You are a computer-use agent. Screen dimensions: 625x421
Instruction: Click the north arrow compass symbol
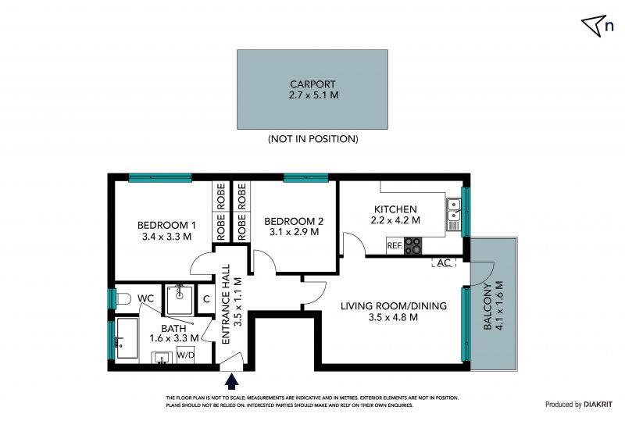594,25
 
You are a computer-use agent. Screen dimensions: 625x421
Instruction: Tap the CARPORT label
312,84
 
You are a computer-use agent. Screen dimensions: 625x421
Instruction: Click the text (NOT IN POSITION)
313,139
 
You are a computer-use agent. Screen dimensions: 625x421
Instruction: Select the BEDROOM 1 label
166,225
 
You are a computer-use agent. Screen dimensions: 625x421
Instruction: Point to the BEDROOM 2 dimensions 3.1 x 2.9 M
295,232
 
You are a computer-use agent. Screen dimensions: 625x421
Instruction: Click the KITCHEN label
395,209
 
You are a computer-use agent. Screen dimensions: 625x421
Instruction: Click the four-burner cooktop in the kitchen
413,245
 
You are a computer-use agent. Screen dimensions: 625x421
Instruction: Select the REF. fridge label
395,246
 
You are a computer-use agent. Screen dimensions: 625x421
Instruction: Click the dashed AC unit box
444,262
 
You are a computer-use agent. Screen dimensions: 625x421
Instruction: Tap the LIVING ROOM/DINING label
394,305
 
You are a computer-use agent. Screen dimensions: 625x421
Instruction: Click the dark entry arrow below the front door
231,380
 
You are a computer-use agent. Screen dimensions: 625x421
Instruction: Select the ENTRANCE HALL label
226,304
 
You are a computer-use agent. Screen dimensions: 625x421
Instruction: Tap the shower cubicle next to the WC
180,300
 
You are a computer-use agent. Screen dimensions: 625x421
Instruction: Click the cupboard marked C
206,299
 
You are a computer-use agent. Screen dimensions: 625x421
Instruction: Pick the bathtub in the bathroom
127,338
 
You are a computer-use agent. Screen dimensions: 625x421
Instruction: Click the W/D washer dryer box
185,355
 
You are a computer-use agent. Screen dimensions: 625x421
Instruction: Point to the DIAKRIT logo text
598,405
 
